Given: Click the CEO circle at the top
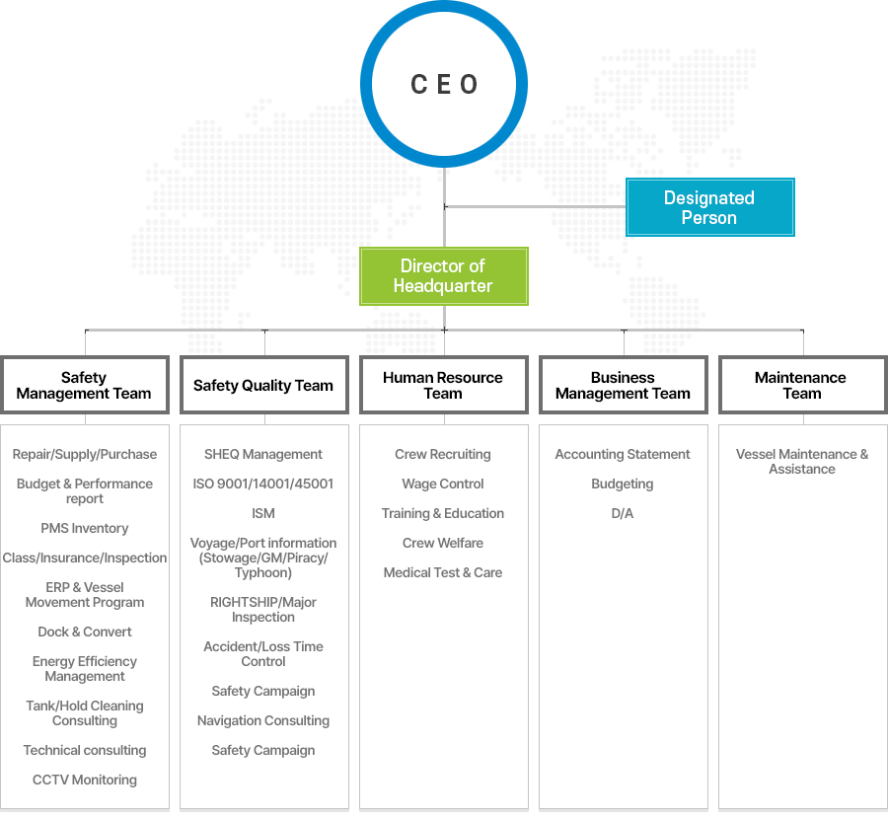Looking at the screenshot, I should click(444, 84).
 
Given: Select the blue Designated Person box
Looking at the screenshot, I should click(709, 207).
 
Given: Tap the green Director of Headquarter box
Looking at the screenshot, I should click(443, 275).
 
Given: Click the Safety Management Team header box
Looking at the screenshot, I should click(85, 385).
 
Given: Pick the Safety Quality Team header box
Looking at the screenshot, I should click(263, 385).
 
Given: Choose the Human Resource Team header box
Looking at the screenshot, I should click(443, 385).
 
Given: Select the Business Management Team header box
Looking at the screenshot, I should click(623, 385).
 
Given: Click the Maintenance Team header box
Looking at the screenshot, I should click(801, 385).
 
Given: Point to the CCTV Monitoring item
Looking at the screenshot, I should click(85, 780).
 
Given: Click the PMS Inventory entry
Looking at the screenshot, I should click(85, 528).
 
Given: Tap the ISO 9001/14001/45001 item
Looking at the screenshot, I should click(263, 484).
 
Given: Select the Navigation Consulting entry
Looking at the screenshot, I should click(263, 720).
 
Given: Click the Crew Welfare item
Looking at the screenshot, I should click(443, 543).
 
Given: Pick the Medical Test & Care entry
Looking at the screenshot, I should click(443, 572).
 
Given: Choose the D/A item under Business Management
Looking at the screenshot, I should click(623, 513).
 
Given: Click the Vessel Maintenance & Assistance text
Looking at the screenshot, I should click(801, 461).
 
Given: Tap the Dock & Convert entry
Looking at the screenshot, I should click(85, 632).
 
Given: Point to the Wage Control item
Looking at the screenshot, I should click(443, 484).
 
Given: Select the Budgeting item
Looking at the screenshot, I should click(623, 484).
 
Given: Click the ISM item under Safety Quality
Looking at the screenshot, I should click(263, 513).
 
